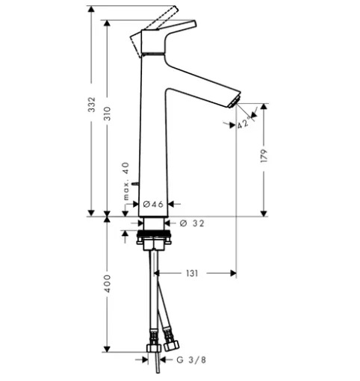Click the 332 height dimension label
(x=92, y=105)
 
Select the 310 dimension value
(x=108, y=114)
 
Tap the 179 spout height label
(x=264, y=156)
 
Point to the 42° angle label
(x=243, y=123)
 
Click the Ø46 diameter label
(x=153, y=204)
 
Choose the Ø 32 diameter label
(x=192, y=223)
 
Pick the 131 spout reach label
(x=192, y=273)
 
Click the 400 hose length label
(x=108, y=284)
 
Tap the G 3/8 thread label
(x=191, y=359)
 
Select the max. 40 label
(x=126, y=181)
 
